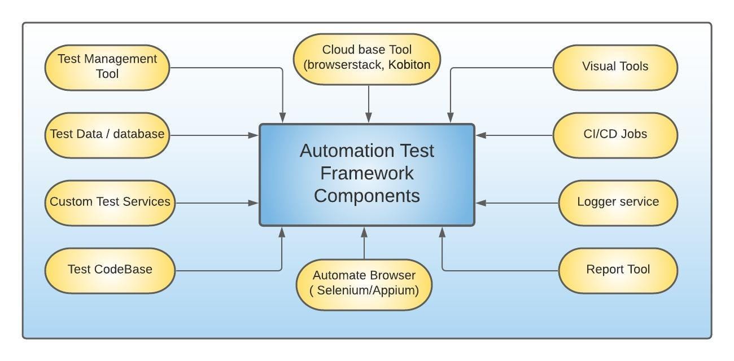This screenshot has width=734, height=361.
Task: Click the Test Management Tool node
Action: click(107, 67)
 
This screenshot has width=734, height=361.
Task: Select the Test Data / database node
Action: click(107, 135)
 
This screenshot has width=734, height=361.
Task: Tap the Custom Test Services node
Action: click(110, 202)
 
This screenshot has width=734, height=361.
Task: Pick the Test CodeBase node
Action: click(110, 270)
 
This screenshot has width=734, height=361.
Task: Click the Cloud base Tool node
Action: click(367, 59)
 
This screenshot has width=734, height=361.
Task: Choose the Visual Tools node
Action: click(615, 67)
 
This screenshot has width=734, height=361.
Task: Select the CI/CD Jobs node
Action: click(615, 135)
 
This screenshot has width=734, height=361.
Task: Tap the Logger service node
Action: click(618, 202)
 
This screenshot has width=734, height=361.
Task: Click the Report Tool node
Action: click(618, 270)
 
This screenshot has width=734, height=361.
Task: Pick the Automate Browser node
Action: click(364, 284)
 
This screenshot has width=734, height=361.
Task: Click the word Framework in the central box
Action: click(367, 173)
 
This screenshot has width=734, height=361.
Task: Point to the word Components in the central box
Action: click(367, 196)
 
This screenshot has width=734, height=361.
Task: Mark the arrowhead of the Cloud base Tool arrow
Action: click(369, 118)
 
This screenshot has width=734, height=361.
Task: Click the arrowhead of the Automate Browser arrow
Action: click(364, 231)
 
